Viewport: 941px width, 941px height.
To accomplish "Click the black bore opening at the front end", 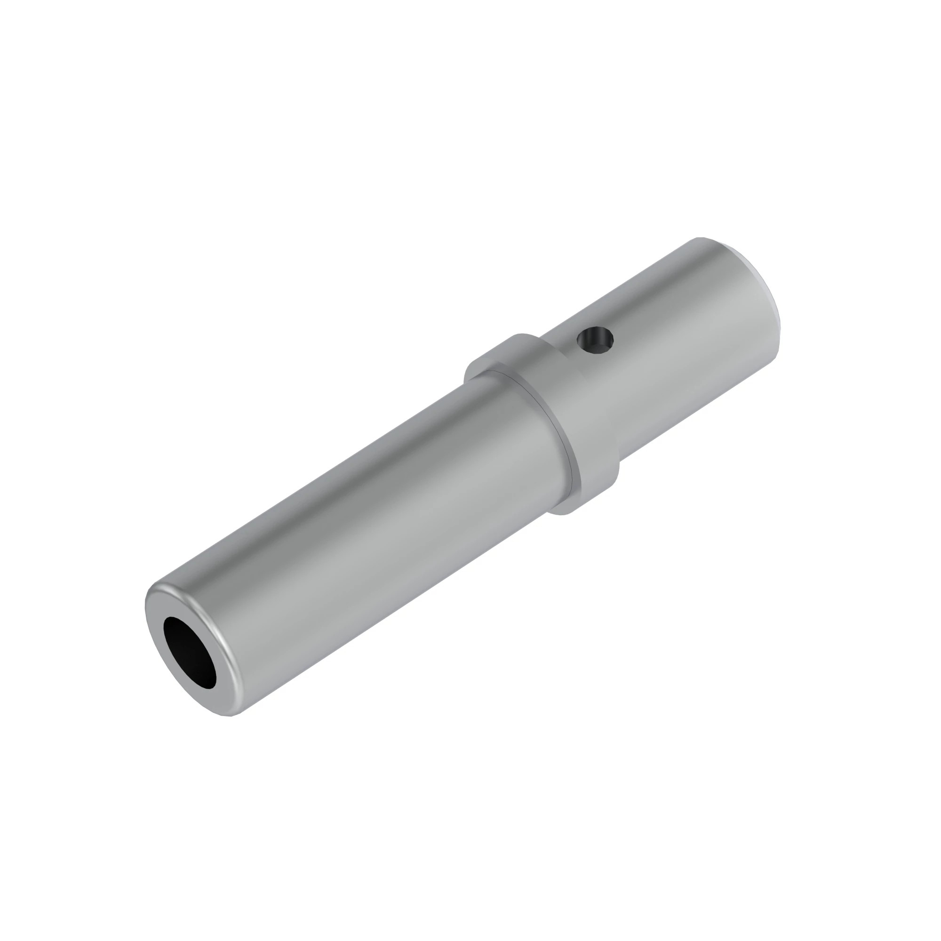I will point(189,653).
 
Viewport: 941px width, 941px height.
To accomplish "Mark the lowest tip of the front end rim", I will point(232,716).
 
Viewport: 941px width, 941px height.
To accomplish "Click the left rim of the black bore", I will point(165,633).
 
